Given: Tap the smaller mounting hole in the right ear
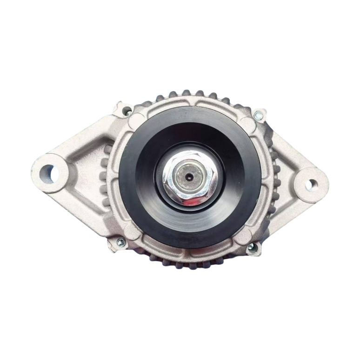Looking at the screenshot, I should click(312, 184).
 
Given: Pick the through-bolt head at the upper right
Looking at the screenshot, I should click(259, 115).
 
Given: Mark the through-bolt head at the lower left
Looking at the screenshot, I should click(120, 242).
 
